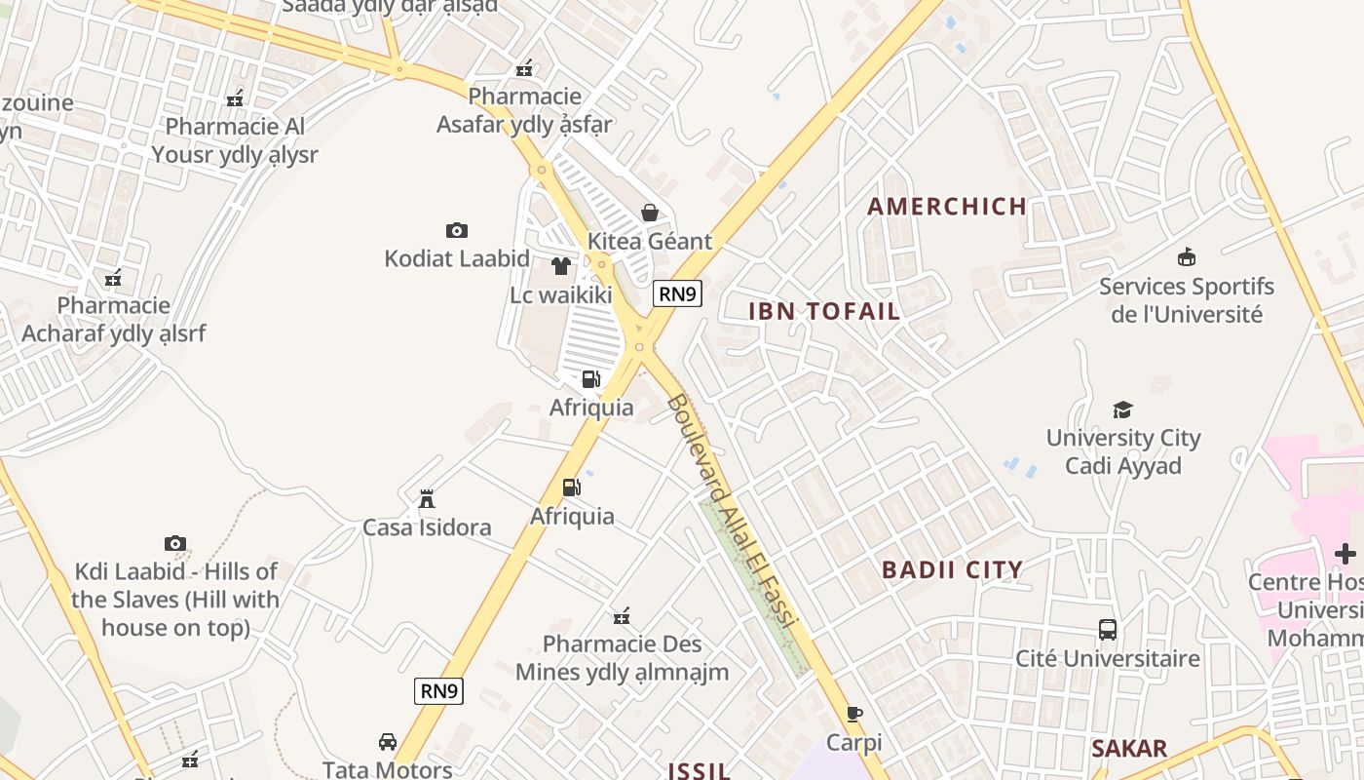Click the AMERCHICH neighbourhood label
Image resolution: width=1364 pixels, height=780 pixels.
(x=947, y=207)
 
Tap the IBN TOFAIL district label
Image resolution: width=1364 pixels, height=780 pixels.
(x=824, y=311)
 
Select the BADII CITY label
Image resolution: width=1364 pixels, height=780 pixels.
(x=952, y=570)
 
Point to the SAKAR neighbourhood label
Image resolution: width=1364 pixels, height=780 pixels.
(x=1128, y=749)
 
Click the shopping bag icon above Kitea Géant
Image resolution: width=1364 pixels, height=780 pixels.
(x=649, y=213)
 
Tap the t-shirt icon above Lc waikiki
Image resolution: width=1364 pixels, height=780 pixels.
(x=560, y=266)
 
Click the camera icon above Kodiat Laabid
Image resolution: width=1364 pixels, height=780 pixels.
(x=456, y=231)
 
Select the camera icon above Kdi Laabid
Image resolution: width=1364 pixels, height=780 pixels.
(x=175, y=544)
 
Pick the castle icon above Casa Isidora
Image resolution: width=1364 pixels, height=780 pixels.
(x=427, y=500)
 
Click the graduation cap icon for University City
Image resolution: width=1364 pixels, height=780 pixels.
(x=1123, y=409)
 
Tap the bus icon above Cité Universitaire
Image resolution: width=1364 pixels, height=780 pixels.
(x=1108, y=630)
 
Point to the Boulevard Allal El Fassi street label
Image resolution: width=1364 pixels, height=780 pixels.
(x=733, y=510)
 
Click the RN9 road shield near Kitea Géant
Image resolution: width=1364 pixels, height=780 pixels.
(x=677, y=293)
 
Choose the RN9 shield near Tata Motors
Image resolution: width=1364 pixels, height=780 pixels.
(x=438, y=691)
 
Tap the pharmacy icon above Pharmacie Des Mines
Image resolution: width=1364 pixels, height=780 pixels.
(x=622, y=616)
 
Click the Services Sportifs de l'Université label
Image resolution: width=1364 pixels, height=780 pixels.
(x=1187, y=300)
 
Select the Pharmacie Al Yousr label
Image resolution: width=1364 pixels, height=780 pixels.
(x=235, y=140)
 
